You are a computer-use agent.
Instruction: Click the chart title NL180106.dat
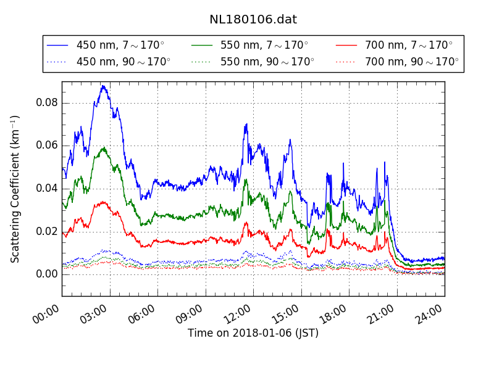(x=253, y=20)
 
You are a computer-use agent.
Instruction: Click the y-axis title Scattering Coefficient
(x=15, y=189)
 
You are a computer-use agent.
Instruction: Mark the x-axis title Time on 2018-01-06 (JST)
(x=253, y=334)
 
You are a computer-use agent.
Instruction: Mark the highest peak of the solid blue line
(x=103, y=86)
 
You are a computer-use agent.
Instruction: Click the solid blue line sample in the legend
(x=57, y=46)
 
